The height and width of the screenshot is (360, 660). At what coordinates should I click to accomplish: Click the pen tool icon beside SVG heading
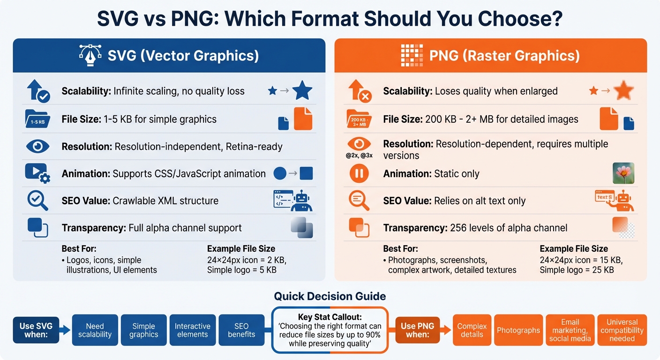click(x=90, y=55)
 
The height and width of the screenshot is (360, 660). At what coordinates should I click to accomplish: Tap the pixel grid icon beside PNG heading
click(x=412, y=55)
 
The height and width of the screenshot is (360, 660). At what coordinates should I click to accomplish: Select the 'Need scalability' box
click(x=95, y=330)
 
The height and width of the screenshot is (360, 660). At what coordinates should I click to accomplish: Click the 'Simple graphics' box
click(x=143, y=330)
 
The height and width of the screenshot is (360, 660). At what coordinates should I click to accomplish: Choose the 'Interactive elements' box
click(x=192, y=330)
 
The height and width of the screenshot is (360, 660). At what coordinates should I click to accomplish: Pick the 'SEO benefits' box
click(x=241, y=330)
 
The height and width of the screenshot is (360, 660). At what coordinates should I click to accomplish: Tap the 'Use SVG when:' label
click(x=36, y=330)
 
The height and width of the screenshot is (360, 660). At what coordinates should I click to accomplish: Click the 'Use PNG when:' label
click(x=418, y=330)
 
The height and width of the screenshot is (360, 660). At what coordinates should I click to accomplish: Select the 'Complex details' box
click(x=472, y=330)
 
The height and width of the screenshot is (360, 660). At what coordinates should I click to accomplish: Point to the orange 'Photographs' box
click(x=518, y=330)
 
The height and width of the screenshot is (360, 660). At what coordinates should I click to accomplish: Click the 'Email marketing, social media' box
click(x=570, y=330)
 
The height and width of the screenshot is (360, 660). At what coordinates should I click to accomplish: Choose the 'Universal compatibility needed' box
click(x=622, y=330)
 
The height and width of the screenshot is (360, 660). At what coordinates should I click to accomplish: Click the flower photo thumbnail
click(x=623, y=173)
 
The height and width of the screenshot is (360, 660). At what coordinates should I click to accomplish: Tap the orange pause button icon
click(x=359, y=174)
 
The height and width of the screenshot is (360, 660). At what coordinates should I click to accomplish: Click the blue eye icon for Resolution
click(x=37, y=146)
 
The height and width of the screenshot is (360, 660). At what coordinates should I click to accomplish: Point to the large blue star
click(x=302, y=90)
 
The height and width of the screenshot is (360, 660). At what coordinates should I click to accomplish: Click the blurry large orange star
click(x=624, y=90)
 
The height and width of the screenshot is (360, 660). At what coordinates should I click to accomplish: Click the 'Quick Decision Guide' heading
click(x=330, y=296)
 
